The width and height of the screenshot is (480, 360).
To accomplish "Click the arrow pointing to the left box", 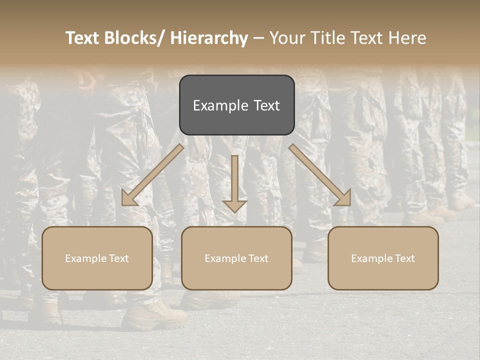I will click(x=152, y=175).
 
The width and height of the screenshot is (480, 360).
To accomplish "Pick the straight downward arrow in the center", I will click(x=234, y=182).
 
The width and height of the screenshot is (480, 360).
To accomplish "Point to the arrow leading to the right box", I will click(x=320, y=175).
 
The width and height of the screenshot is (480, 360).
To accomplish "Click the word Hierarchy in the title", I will click(x=209, y=38).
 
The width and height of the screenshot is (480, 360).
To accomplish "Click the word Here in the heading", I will click(x=407, y=38).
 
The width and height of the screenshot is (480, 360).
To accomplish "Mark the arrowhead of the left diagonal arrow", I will click(x=129, y=198).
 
